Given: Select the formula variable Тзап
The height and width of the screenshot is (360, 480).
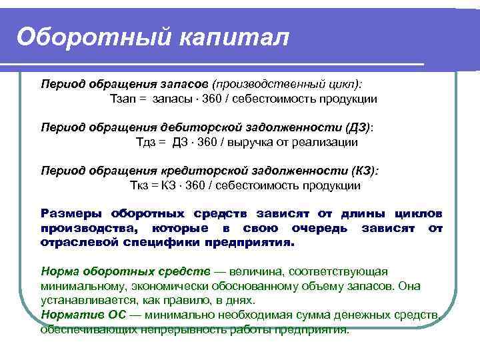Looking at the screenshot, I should pos(123,99).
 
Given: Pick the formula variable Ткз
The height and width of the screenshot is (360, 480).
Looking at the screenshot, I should pos(141,185).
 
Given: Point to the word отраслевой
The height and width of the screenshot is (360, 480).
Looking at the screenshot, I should pos(79,243).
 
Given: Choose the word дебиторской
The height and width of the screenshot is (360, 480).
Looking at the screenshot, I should pos(196,127).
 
